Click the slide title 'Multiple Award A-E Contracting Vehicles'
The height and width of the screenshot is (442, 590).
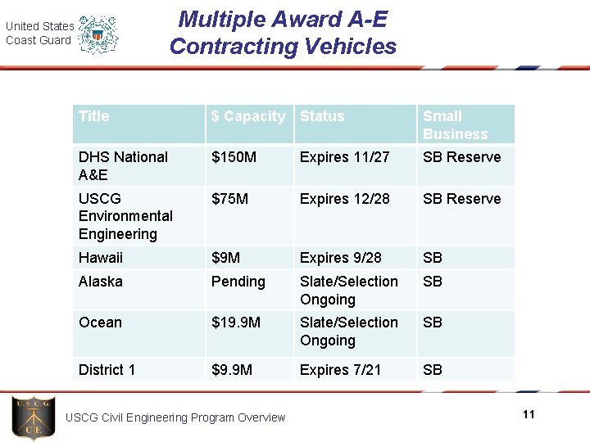tap(283, 33)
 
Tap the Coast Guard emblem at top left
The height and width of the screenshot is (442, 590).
tap(98, 34)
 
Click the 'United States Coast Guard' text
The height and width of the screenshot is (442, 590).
tap(39, 34)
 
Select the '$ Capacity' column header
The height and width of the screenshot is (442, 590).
tap(248, 116)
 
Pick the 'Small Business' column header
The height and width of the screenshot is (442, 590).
tap(455, 125)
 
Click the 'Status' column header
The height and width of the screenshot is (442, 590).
tap(322, 116)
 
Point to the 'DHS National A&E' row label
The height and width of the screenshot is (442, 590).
tap(123, 165)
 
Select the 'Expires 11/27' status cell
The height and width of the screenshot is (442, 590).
tap(344, 157)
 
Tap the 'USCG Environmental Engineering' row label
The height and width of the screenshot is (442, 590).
tap(125, 216)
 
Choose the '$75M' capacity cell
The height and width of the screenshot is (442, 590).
tap(229, 199)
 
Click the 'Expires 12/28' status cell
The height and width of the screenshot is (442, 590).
tap(344, 199)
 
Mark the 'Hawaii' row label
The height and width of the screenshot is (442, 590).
tap(100, 258)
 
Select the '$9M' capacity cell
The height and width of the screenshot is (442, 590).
tap(225, 258)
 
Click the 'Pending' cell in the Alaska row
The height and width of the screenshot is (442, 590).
tap(238, 282)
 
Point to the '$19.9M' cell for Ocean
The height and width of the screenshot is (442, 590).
tap(236, 322)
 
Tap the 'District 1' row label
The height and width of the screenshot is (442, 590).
tap(107, 370)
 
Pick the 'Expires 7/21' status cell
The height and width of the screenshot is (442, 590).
tap(340, 370)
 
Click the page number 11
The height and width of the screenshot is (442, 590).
tap(529, 414)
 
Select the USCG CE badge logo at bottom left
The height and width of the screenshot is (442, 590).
tap(34, 417)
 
